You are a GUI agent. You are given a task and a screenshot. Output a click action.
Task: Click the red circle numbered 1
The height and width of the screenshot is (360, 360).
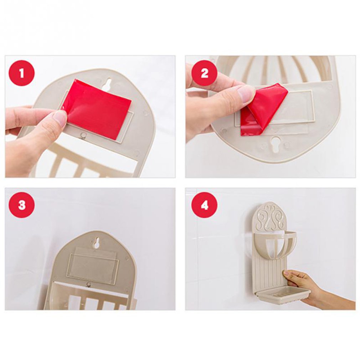21,73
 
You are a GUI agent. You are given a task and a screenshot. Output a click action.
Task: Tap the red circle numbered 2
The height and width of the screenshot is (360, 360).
204,73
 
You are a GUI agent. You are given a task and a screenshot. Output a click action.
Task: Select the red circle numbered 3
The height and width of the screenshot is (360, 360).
21,205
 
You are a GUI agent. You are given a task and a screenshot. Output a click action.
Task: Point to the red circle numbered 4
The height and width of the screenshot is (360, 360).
204,205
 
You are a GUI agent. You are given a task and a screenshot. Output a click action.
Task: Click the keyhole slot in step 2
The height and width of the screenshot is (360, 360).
276,144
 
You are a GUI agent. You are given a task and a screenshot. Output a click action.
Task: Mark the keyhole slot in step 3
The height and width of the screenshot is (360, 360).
97,243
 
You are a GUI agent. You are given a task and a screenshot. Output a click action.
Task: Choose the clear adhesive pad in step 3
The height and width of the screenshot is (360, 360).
92,266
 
